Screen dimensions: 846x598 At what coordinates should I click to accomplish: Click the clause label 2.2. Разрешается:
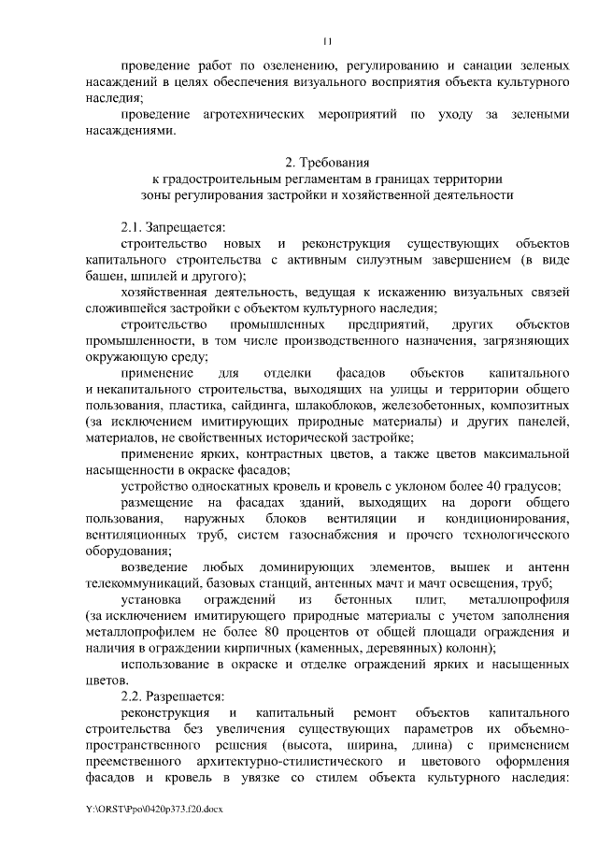pyautogui.click(x=173, y=696)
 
